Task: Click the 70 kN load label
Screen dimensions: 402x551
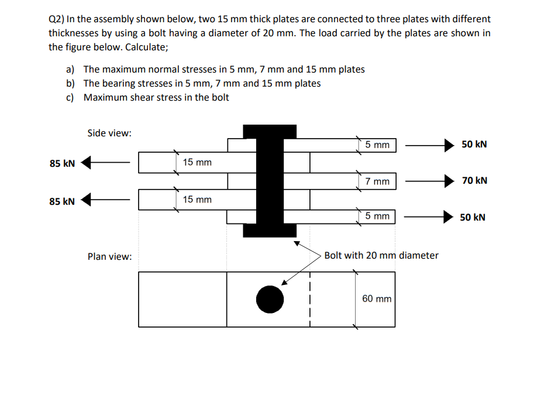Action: click(474, 181)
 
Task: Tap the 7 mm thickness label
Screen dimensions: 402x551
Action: click(377, 181)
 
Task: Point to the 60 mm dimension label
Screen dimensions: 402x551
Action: click(377, 298)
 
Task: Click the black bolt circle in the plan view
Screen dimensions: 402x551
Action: click(270, 299)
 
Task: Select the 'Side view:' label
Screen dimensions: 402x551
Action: click(109, 133)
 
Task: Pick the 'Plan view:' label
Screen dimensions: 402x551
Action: click(109, 256)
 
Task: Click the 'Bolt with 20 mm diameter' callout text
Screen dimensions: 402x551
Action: click(381, 255)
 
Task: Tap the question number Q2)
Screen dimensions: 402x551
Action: click(57, 19)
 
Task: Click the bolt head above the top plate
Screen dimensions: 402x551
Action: click(270, 131)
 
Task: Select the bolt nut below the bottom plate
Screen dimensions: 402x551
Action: click(270, 231)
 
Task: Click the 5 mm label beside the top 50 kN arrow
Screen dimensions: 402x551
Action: click(377, 145)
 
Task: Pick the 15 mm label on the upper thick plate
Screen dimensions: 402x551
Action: click(197, 162)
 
